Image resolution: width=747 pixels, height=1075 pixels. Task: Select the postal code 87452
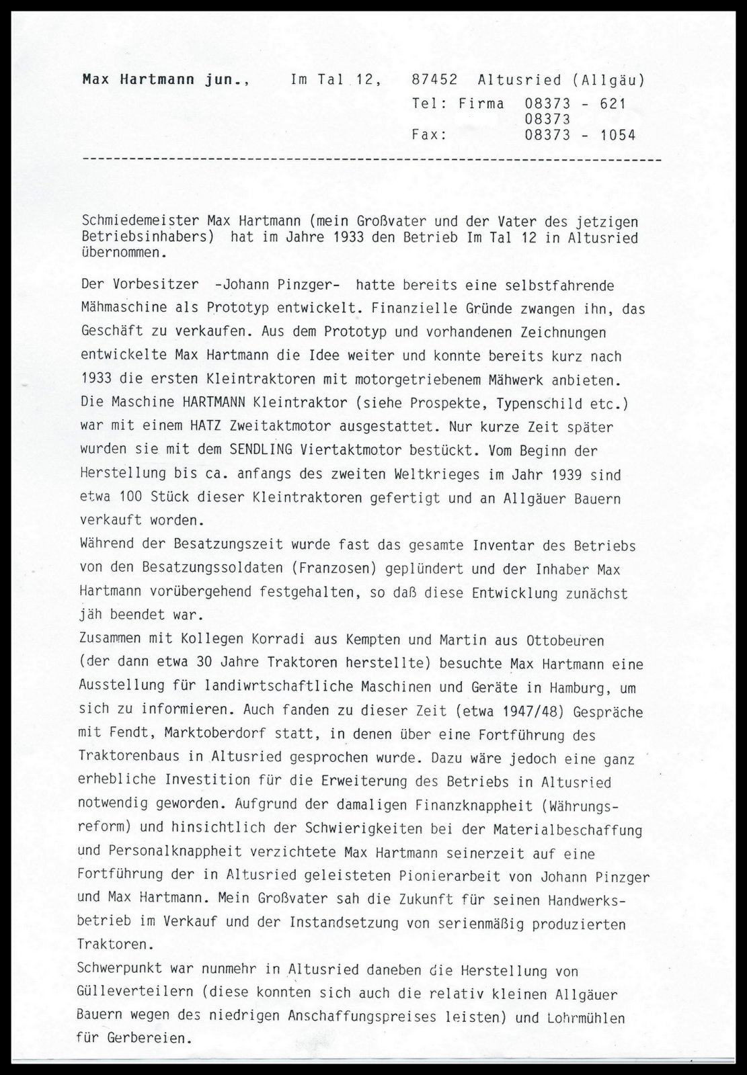pos(434,80)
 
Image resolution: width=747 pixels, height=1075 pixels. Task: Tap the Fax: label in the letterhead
pos(429,135)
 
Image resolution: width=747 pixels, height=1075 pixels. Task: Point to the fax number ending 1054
pos(580,135)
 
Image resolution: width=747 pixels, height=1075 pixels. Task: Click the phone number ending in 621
pos(575,103)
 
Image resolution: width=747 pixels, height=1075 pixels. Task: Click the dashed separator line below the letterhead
pos(370,161)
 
